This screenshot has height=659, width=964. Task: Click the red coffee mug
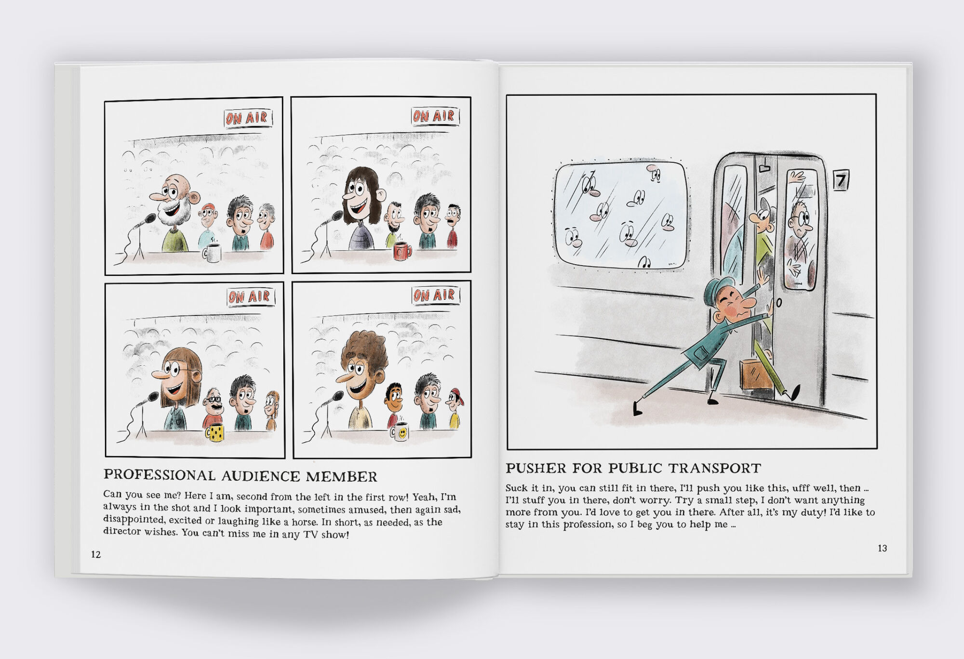(402, 251)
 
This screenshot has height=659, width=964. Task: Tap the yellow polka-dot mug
(215, 432)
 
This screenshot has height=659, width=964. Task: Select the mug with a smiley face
(400, 432)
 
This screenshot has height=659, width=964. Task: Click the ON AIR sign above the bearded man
(248, 118)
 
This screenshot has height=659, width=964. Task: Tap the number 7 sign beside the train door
(841, 180)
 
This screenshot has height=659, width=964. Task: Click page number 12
(96, 554)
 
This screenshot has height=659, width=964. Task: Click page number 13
(882, 548)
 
